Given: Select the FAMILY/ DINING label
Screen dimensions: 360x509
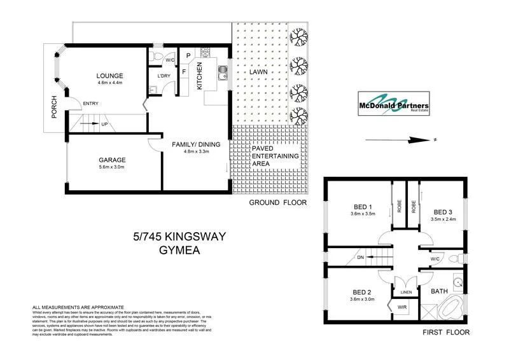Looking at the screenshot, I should [196, 144].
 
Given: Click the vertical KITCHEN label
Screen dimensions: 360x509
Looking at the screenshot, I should [199, 76].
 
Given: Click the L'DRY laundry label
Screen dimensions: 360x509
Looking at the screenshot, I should [164, 78].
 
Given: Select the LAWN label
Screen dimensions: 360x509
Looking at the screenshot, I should [258, 72].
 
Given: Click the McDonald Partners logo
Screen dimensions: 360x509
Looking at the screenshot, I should [392, 106].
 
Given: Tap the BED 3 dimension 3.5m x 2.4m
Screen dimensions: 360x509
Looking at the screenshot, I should [444, 219].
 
